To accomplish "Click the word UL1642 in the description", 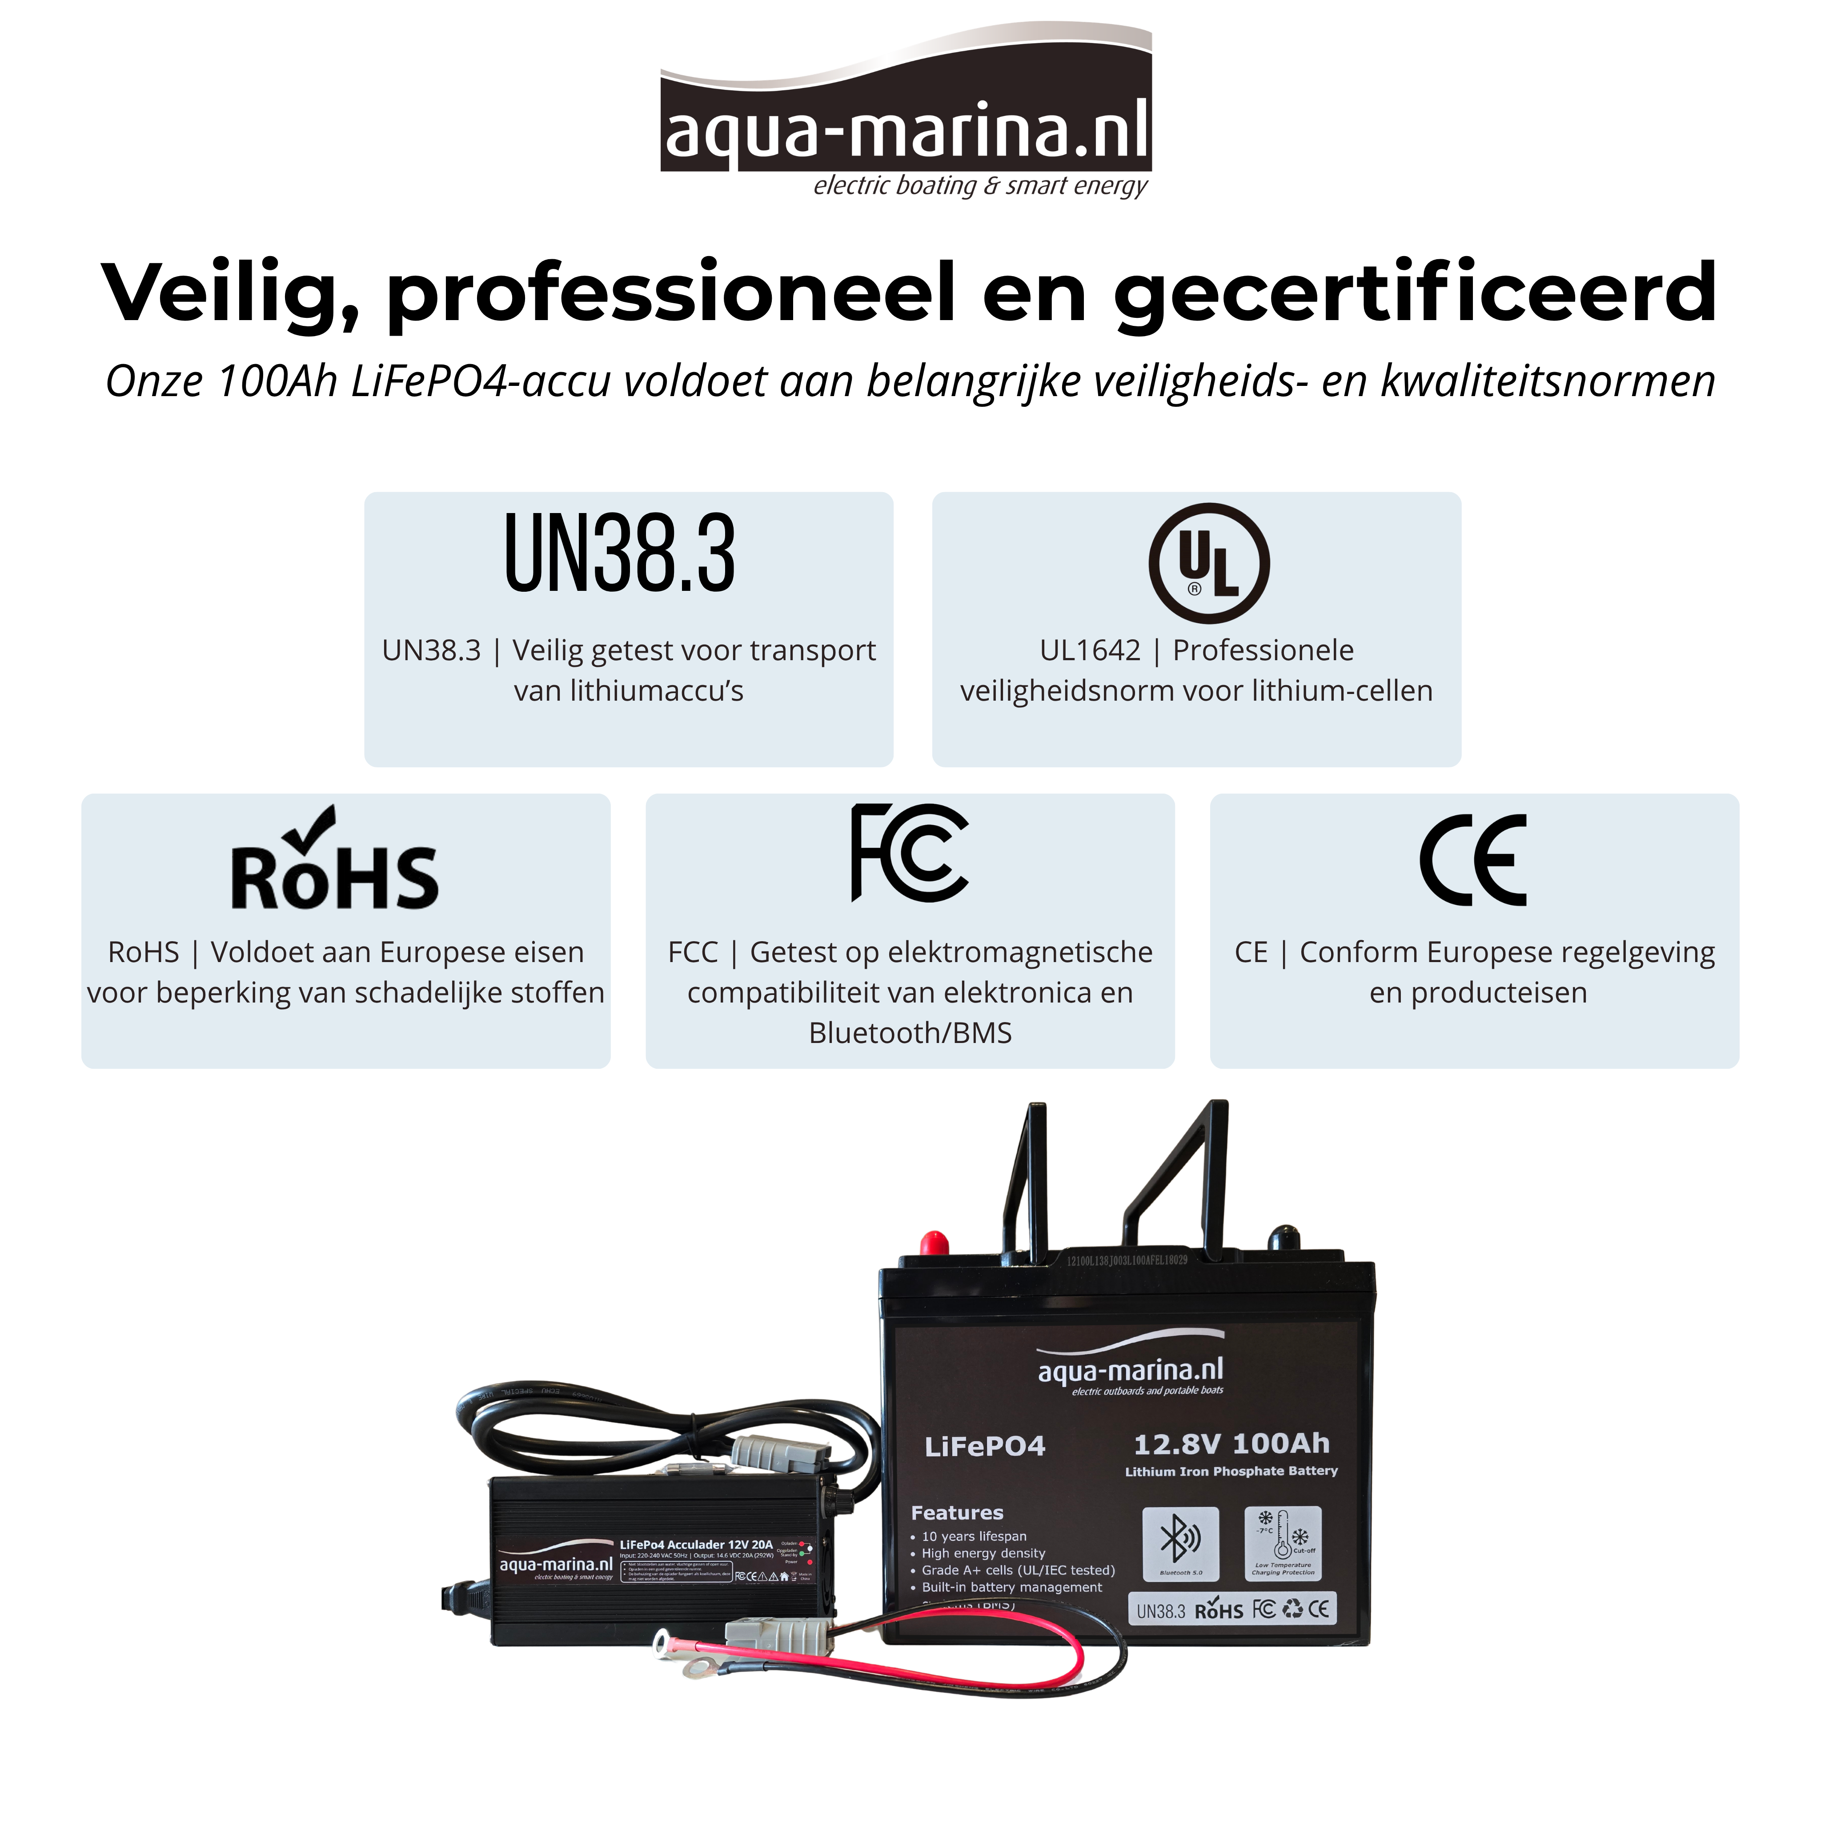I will [1090, 650].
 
